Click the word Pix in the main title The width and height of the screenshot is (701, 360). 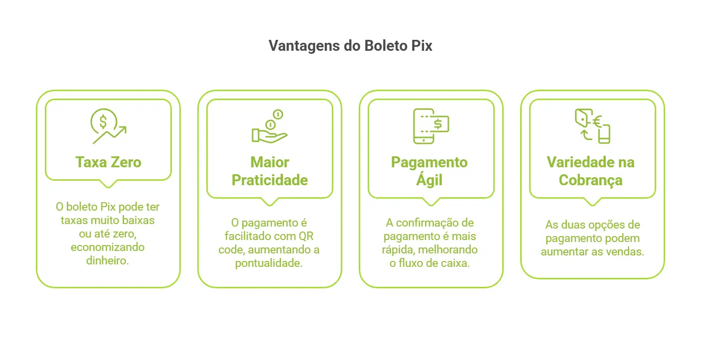coord(421,45)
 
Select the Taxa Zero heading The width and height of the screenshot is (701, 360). coord(108,162)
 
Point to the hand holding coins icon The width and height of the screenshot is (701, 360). coord(270,126)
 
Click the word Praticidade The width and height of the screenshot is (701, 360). coord(270,180)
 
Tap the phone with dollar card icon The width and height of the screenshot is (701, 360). coord(431,126)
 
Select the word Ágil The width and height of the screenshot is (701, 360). coord(429,180)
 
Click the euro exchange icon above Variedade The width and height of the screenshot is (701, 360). coord(592,126)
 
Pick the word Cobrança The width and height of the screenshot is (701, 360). coord(591,180)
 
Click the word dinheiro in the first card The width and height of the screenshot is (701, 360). coord(108,260)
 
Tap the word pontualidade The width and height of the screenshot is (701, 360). coord(269,263)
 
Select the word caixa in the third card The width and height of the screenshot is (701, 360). coord(456,263)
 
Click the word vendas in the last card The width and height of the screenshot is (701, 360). coord(629,252)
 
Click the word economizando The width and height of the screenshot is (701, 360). coord(108,247)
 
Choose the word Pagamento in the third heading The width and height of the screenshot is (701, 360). coord(429,162)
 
